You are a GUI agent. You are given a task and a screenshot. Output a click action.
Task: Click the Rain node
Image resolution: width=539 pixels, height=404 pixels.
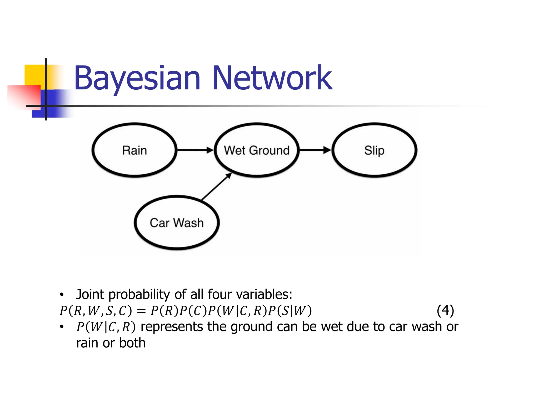(134, 150)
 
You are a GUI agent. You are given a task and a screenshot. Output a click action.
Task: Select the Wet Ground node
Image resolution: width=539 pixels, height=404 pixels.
(257, 150)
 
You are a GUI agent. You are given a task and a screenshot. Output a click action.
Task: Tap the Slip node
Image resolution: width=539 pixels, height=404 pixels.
(374, 150)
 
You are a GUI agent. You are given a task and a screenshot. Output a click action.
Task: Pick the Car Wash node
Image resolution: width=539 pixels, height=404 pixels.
(177, 223)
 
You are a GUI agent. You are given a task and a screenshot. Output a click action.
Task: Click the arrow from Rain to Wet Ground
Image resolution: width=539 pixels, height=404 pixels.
(195, 150)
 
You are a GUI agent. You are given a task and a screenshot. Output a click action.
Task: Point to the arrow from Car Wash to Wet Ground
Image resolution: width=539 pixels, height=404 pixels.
(217, 186)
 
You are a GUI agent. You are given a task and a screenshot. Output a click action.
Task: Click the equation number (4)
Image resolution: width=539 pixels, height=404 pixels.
(445, 311)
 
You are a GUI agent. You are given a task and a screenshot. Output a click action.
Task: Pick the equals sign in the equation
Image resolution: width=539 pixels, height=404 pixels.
(141, 311)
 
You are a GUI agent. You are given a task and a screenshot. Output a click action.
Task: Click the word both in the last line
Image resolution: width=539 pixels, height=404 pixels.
(132, 343)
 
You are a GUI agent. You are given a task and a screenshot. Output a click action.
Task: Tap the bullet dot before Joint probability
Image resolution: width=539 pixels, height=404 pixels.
(62, 295)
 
